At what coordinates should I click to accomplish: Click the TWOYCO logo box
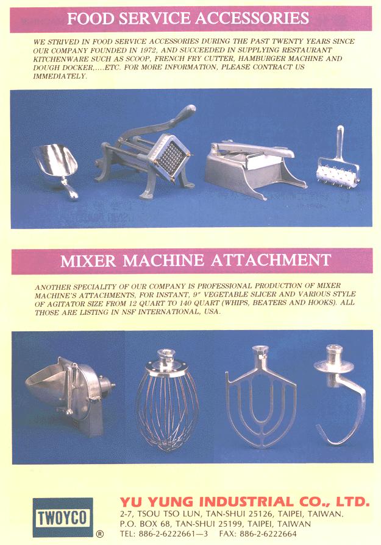point(63,518)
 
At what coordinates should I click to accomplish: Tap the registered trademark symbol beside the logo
point(99,533)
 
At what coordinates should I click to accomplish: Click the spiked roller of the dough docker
point(338,171)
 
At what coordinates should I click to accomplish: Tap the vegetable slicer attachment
point(69,395)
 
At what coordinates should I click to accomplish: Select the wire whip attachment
point(167,399)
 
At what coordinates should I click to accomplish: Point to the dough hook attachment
point(340,393)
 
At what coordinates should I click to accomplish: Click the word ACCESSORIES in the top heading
point(252,18)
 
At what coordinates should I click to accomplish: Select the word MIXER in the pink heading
point(88,261)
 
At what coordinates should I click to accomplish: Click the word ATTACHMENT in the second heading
point(271,261)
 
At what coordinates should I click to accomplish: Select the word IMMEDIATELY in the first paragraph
point(60,76)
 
